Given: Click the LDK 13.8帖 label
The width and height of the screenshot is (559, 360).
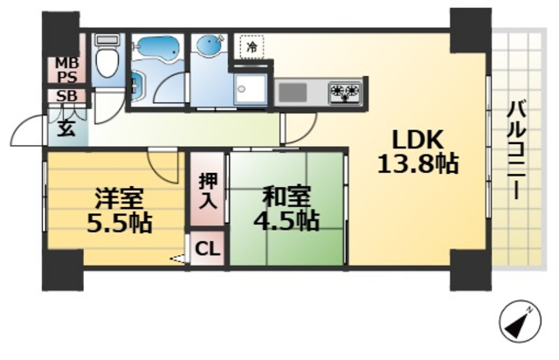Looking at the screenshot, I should point(418,150).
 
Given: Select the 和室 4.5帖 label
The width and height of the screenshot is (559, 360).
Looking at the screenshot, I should point(286,208).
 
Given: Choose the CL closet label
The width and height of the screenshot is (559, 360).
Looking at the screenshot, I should point(207,248).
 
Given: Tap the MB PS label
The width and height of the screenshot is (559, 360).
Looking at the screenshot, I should point(66,68).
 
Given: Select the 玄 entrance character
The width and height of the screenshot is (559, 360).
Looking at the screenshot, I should point(66,128).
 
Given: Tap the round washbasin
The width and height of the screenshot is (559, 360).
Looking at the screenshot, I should point(209,47).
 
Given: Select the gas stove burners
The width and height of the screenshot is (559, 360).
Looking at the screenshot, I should point(345,91).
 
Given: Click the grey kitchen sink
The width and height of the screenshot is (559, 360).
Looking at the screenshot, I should point(292,91).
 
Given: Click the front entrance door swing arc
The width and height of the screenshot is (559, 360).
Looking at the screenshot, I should point(29,134).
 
